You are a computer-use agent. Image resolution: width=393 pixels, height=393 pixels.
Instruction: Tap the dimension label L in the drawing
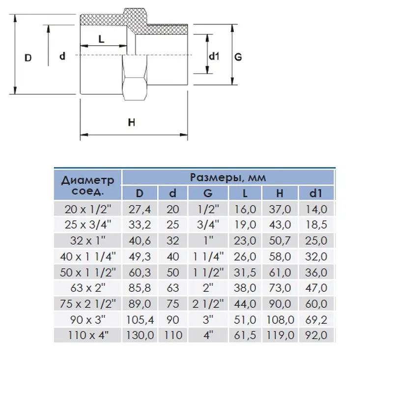coord(101,39)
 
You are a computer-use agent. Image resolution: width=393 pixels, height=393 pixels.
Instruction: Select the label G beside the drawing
coord(238,56)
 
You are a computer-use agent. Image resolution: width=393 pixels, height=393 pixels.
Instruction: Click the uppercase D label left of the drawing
coord(28,57)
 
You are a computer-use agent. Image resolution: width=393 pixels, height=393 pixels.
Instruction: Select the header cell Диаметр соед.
coord(87,185)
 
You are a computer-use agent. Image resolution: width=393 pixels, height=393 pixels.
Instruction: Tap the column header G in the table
coord(208,193)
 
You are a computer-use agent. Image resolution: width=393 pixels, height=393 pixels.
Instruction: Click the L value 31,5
coord(246,272)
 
